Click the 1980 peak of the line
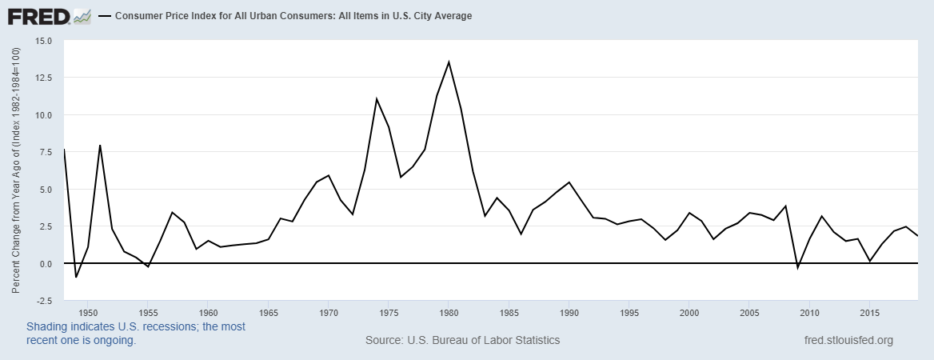449,62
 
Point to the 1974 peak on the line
376,98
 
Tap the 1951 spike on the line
100,145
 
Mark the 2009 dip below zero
797,267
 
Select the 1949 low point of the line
76,277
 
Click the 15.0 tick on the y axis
43,41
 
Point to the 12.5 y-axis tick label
43,78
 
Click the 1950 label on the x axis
88,312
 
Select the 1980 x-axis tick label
449,312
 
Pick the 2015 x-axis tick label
869,312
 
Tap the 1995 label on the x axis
629,312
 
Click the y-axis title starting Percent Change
15,170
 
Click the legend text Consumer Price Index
293,16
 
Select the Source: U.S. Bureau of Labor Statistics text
462,340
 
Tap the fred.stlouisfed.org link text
848,340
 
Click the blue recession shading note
136,333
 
